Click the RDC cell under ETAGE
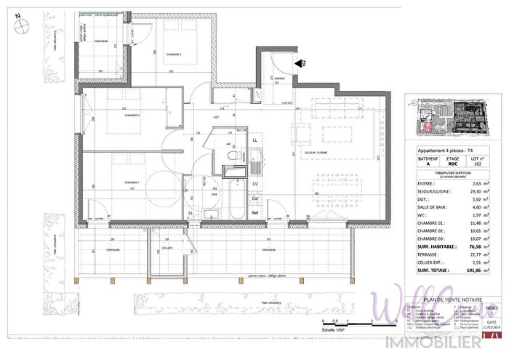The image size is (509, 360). [x=452, y=164]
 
